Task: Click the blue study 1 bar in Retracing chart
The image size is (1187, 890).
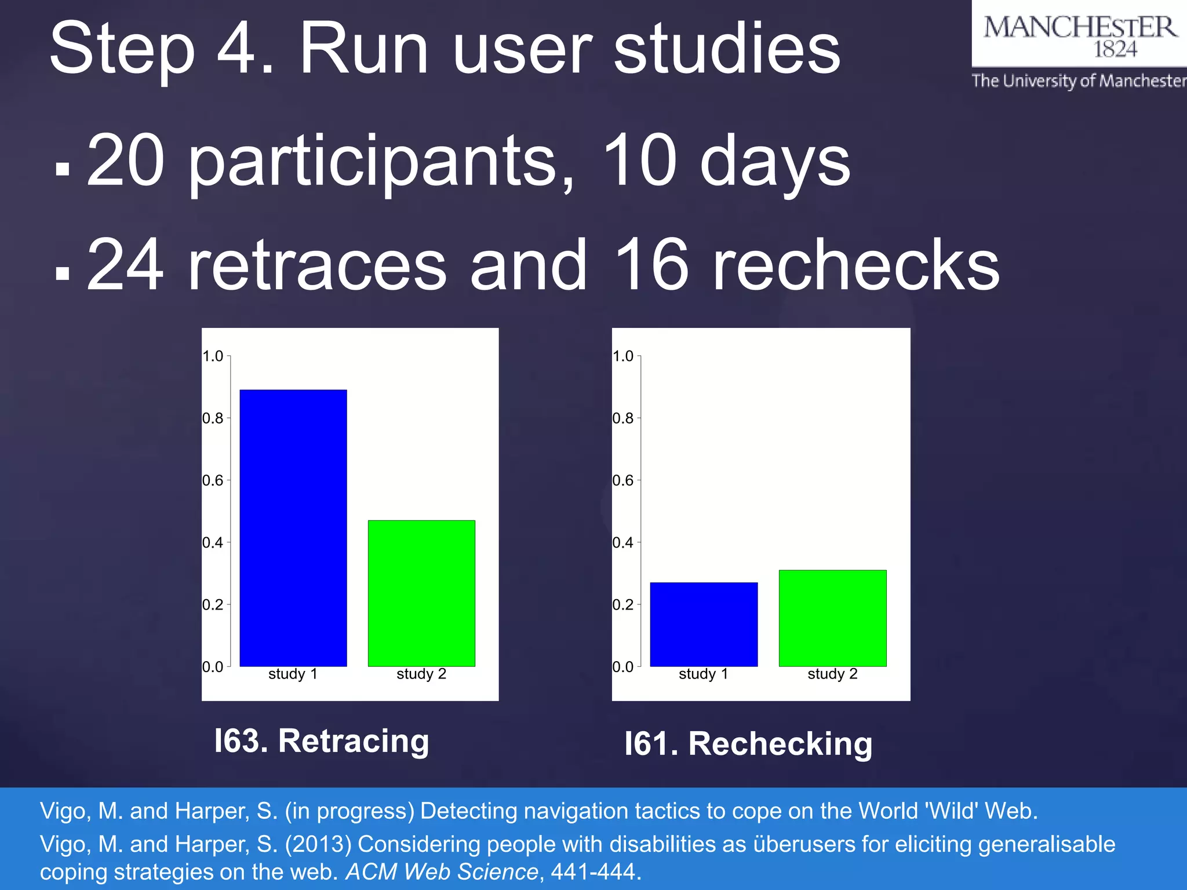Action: [x=293, y=528]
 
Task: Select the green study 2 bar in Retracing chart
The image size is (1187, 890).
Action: [x=421, y=593]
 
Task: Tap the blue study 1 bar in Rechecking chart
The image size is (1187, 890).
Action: [x=704, y=624]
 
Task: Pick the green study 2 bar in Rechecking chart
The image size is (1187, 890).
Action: [x=832, y=618]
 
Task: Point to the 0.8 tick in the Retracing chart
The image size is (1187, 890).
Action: [x=213, y=418]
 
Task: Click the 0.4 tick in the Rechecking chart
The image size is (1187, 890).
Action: [x=623, y=543]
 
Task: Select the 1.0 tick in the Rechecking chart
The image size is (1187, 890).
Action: [x=623, y=356]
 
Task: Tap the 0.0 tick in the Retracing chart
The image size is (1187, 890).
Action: [x=213, y=667]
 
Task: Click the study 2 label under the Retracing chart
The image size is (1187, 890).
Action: [x=421, y=674]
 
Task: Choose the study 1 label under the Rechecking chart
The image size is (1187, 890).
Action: [x=703, y=674]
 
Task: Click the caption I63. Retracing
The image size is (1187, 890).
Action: [x=322, y=741]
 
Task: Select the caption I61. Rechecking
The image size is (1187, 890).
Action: [x=748, y=744]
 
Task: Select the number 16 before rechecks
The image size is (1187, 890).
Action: [x=651, y=266]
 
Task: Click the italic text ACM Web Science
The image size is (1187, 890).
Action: [x=442, y=871]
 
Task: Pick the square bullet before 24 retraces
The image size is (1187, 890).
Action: [x=63, y=273]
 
